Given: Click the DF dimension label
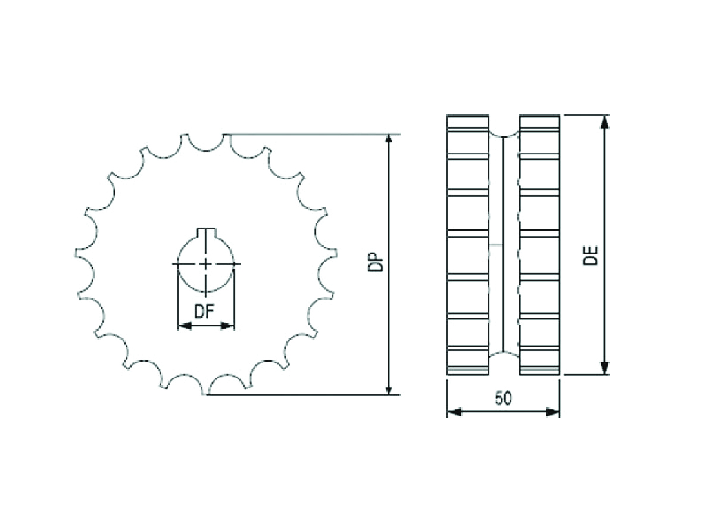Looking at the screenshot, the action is coord(204,312).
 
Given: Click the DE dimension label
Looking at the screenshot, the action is coord(591,256).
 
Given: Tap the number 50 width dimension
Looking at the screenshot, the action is coord(503,399).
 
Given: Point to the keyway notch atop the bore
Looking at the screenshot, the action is coord(206,232).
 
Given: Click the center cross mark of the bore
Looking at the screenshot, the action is coord(206,264).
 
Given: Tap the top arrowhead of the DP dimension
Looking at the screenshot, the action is coord(388,141).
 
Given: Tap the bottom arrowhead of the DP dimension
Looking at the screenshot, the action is coord(388,388).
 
